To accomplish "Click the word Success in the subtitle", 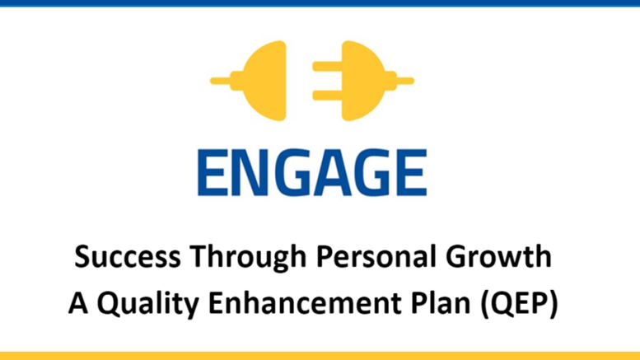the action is click(128, 256).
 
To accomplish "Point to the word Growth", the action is click(498, 256).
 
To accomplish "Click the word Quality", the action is click(148, 304).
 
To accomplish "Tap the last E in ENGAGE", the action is click(411, 173).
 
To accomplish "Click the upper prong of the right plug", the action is click(327, 66).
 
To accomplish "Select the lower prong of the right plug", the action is click(327, 96).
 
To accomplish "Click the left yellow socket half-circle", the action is click(265, 81).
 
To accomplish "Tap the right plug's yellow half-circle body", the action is click(362, 81).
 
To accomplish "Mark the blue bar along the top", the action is click(320, 2).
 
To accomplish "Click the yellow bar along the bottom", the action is click(320, 356).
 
